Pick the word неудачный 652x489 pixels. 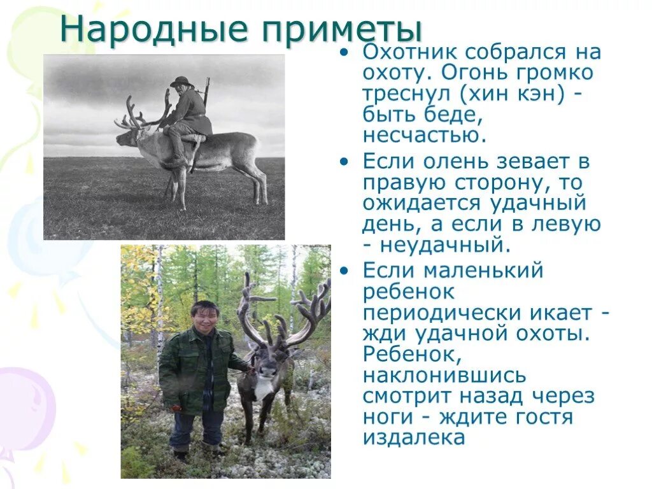click(446, 244)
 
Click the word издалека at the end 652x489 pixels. click(414, 437)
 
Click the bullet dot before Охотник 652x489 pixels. click(344, 53)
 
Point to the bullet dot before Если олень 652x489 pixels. click(344, 162)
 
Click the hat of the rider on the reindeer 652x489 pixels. click(181, 81)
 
